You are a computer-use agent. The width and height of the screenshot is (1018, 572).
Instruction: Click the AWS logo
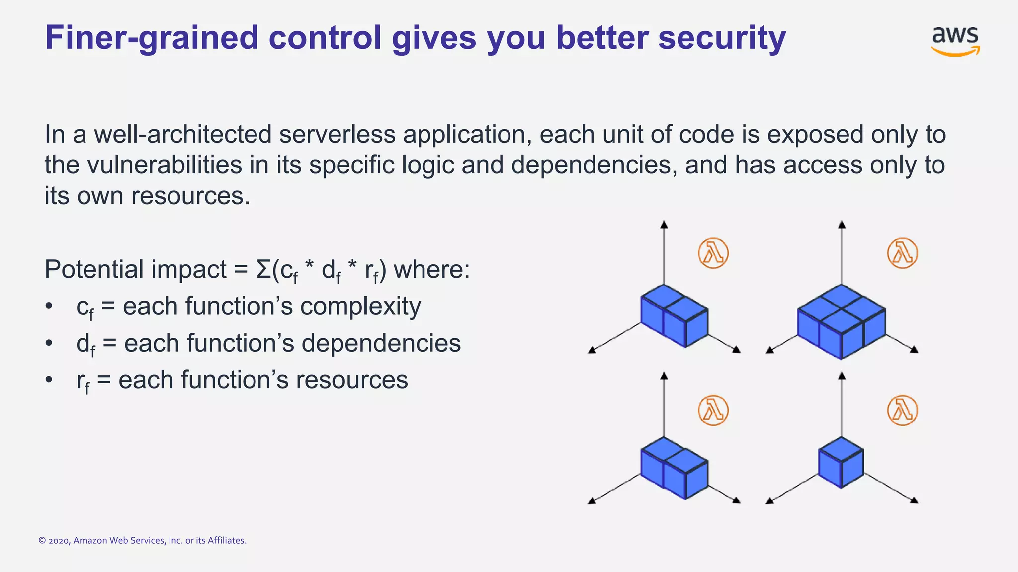tap(955, 41)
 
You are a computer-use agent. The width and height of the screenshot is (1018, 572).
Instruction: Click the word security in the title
tap(722, 38)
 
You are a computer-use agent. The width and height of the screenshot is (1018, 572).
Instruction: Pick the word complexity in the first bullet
tap(360, 306)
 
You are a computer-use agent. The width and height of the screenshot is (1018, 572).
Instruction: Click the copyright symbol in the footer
tap(42, 541)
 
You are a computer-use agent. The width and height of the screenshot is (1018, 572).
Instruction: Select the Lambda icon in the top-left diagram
tap(713, 253)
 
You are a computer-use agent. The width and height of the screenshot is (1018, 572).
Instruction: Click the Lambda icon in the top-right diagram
tap(902, 253)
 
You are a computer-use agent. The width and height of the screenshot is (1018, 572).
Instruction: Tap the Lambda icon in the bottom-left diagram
tap(713, 410)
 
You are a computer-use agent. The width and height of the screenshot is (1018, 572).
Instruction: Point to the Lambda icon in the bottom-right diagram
tap(902, 410)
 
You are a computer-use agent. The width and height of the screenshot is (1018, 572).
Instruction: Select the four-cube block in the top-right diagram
tap(841, 321)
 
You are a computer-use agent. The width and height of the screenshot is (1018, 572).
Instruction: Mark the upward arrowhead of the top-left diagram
tap(664, 225)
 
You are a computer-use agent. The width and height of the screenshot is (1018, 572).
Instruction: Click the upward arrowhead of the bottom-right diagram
tap(842, 376)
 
